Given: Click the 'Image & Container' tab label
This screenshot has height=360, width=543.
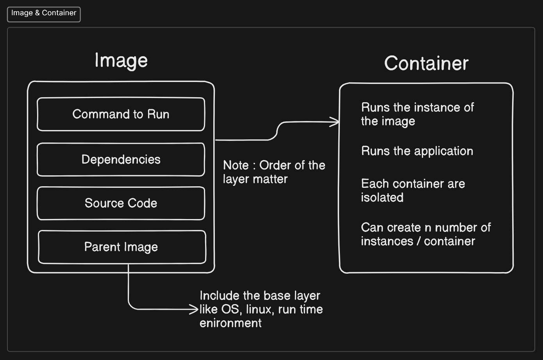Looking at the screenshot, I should click(x=44, y=13).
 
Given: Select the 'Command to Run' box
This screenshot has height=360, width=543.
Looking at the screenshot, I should click(x=121, y=114).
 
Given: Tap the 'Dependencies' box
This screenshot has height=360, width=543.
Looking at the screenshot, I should click(x=121, y=159).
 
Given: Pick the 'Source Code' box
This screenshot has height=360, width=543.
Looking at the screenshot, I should click(x=121, y=203).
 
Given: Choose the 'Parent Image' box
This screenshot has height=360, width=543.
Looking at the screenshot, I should click(x=121, y=247).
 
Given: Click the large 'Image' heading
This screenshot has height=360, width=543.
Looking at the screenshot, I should click(x=121, y=61).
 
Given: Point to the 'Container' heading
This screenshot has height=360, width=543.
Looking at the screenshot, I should click(x=426, y=63).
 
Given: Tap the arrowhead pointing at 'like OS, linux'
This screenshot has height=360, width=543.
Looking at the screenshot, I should click(x=195, y=309).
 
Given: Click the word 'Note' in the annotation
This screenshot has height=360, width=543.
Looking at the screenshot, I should click(x=236, y=165).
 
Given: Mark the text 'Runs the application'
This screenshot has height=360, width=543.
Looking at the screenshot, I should click(x=417, y=151).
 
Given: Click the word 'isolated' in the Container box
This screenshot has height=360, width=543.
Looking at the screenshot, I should click(x=382, y=197).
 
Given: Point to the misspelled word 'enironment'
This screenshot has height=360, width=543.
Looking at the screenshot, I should click(x=230, y=323).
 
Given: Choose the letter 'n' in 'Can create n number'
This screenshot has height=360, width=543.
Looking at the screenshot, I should click(x=428, y=228).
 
